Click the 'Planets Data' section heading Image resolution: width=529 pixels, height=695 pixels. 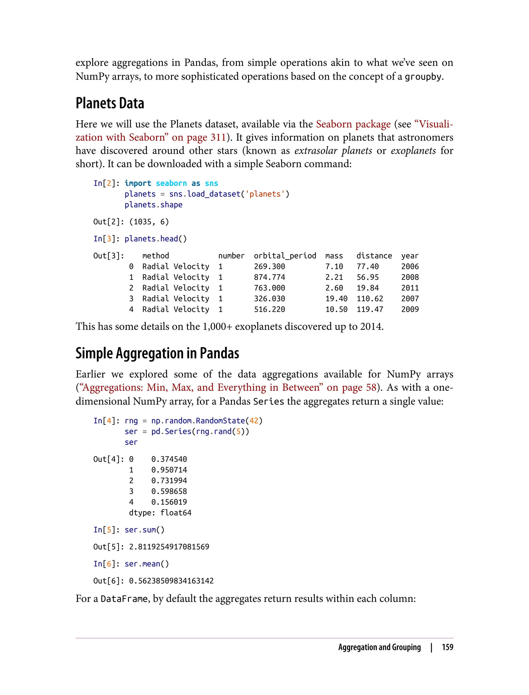(110, 103)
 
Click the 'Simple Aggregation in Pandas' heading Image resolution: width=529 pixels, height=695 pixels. (157, 353)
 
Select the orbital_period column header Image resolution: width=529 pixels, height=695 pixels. (285, 256)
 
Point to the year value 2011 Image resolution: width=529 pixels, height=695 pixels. (410, 288)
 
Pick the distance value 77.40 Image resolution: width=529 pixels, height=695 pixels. (368, 266)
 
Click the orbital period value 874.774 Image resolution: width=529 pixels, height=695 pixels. (270, 277)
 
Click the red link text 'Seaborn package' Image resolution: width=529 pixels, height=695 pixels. (353, 124)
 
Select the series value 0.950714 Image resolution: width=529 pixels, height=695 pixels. (169, 470)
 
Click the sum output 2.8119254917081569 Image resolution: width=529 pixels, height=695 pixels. (169, 547)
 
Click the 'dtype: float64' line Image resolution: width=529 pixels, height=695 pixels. (160, 513)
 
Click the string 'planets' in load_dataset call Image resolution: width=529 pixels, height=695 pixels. (265, 194)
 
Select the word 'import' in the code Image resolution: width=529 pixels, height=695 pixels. (138, 183)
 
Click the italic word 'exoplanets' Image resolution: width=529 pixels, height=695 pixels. (413, 151)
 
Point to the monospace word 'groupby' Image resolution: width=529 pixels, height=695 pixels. (423, 77)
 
